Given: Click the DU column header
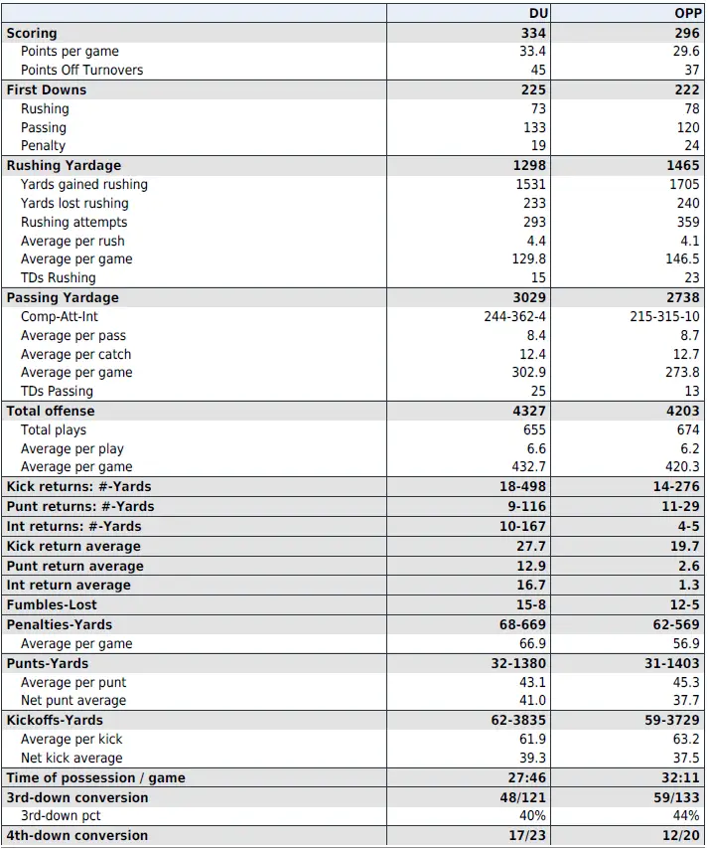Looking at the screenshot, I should [536, 14].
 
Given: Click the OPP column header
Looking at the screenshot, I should [687, 14].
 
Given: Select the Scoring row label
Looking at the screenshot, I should [32, 33].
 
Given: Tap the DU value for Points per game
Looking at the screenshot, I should [532, 52].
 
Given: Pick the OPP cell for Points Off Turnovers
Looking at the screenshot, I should [691, 71].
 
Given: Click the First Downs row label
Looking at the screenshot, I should [47, 89].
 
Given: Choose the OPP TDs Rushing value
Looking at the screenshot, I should [691, 278].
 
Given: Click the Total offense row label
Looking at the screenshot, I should [51, 411].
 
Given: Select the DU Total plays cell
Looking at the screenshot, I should [534, 429].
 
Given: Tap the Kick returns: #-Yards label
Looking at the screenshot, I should [78, 486].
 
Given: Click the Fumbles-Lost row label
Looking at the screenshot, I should [52, 604].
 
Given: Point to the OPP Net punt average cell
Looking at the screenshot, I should [686, 701].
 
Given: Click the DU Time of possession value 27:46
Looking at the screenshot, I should [526, 777].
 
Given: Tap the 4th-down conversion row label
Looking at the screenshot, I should [77, 835].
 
